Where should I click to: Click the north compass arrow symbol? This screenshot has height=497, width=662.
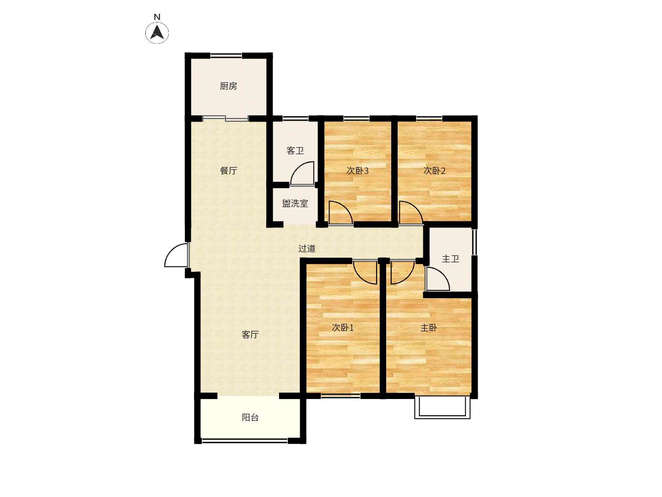pyautogui.click(x=157, y=32)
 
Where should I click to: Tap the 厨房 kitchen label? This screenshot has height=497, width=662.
pyautogui.click(x=228, y=87)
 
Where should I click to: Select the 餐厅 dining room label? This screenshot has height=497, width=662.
pyautogui.click(x=228, y=171)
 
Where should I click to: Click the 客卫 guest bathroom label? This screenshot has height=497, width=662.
pyautogui.click(x=295, y=150)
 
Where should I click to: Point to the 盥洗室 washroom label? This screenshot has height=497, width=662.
pyautogui.click(x=295, y=203)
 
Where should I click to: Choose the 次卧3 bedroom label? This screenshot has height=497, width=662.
pyautogui.click(x=357, y=171)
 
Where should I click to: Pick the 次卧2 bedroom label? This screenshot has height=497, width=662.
pyautogui.click(x=434, y=171)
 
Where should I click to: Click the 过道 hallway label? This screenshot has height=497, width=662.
pyautogui.click(x=307, y=248)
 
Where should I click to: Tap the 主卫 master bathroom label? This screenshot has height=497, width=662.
pyautogui.click(x=450, y=259)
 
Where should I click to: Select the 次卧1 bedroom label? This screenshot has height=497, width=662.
pyautogui.click(x=342, y=328)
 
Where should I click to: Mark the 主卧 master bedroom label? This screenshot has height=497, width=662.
pyautogui.click(x=428, y=328)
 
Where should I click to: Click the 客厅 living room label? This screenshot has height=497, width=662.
pyautogui.click(x=251, y=335)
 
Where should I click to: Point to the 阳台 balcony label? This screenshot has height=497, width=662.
pyautogui.click(x=251, y=418)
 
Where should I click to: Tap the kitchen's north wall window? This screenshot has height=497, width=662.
pyautogui.click(x=226, y=55)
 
